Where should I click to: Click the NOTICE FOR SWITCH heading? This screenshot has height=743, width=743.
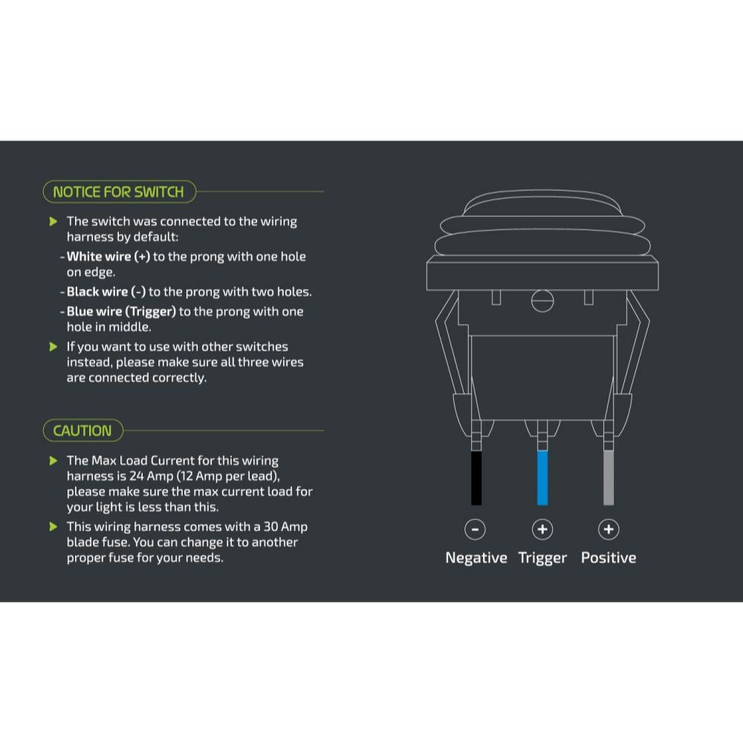click(118, 192)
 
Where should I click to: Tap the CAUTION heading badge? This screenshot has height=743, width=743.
click(82, 430)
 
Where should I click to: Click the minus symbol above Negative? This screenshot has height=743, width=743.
click(475, 529)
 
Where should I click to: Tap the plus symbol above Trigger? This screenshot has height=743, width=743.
click(542, 529)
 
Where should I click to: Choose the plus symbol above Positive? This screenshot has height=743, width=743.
click(609, 529)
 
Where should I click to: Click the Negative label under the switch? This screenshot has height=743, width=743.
click(476, 558)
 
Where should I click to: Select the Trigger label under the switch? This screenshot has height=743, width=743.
click(542, 558)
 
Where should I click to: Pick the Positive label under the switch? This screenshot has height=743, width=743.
click(609, 558)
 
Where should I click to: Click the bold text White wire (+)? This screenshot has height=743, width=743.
click(108, 256)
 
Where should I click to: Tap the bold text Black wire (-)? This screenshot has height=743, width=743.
click(106, 292)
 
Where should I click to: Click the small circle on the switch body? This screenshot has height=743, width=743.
click(542, 301)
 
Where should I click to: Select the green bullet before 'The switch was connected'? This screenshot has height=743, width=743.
click(53, 221)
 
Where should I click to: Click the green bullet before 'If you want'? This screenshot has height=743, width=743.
click(53, 346)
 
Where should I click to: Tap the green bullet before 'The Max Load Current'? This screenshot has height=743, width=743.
click(53, 461)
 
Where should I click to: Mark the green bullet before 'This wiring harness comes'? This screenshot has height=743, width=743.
click(53, 527)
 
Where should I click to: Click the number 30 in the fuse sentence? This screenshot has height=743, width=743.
click(271, 527)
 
